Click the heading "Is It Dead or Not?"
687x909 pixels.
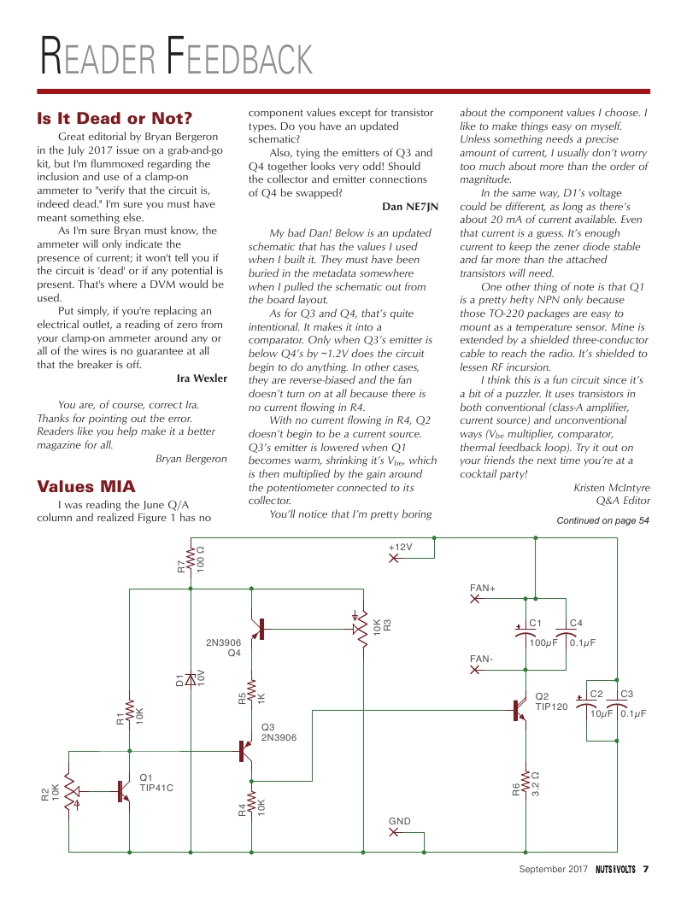(x=114, y=118)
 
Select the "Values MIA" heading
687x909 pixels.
(x=85, y=486)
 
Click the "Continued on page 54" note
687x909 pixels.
(x=602, y=520)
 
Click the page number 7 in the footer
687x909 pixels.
(x=646, y=870)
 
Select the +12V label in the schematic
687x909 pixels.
(x=400, y=546)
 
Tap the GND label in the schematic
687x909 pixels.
(x=399, y=821)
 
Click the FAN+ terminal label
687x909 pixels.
(x=483, y=588)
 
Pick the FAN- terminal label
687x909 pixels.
(x=481, y=659)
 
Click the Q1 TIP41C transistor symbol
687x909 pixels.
(x=120, y=791)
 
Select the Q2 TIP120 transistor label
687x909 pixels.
(x=551, y=701)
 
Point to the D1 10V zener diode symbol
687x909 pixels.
(x=190, y=680)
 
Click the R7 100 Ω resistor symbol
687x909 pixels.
(x=190, y=560)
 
